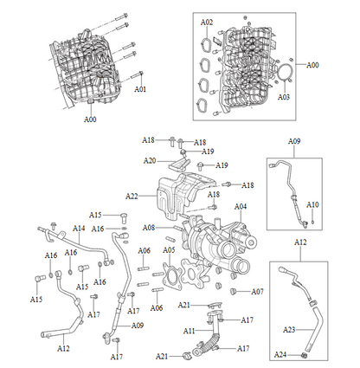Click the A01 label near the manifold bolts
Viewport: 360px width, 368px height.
pos(140,89)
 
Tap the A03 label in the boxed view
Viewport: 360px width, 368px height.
pos(284,98)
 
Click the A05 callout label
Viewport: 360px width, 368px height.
pos(170,250)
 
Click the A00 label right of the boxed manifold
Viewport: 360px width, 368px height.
pos(312,65)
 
